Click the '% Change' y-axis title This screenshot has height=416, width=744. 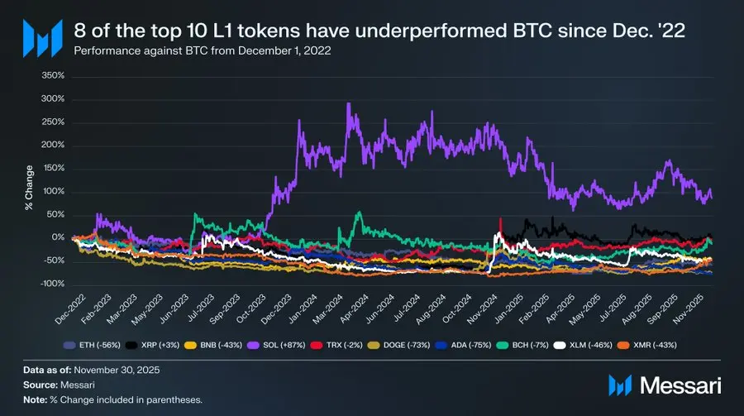coord(28,179)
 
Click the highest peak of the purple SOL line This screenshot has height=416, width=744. coord(349,104)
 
